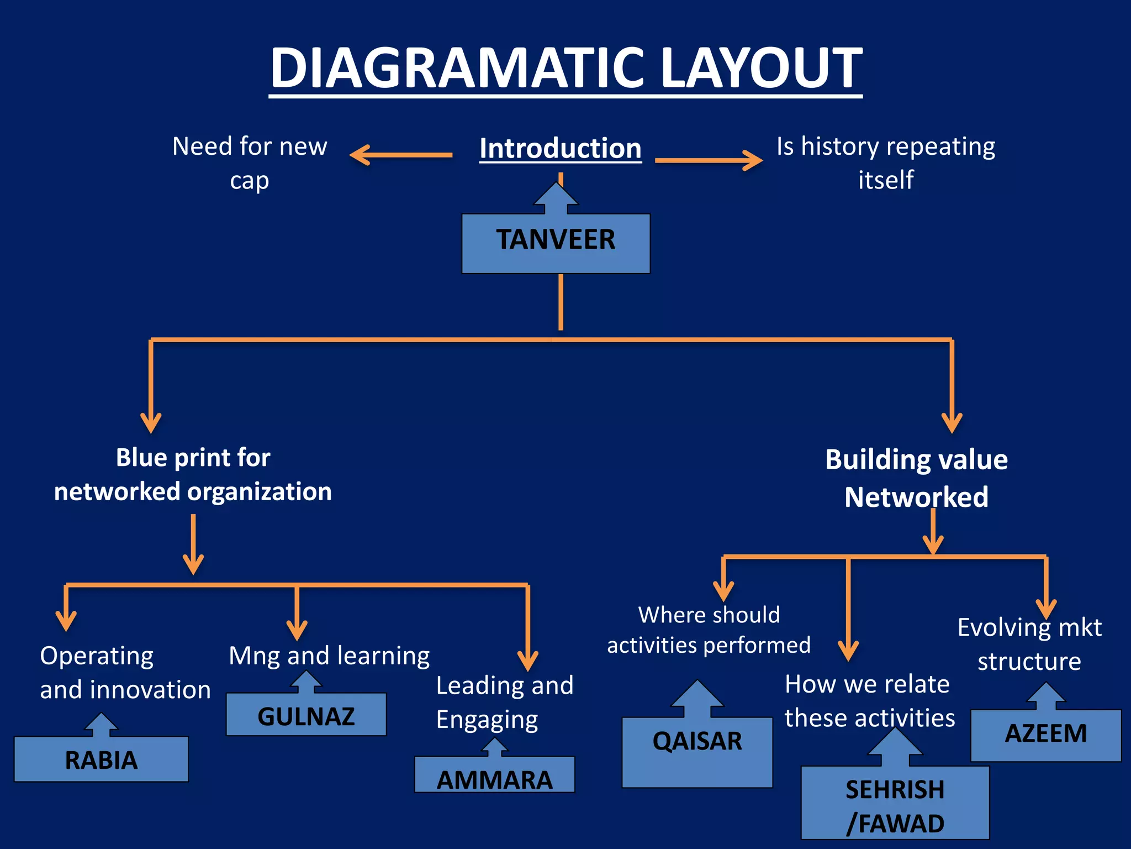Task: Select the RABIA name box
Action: tap(101, 759)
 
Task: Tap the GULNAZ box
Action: tap(306, 715)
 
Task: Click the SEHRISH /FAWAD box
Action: tap(895, 804)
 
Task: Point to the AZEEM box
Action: tap(1045, 734)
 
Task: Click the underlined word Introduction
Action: tap(560, 148)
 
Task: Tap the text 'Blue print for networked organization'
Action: tap(193, 474)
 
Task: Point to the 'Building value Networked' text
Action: tap(916, 478)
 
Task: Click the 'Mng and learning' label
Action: tap(329, 656)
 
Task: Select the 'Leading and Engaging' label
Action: tap(504, 702)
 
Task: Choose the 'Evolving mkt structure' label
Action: tap(1029, 644)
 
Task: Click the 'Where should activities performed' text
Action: tap(709, 630)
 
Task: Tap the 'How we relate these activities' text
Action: tap(869, 701)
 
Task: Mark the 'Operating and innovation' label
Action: tap(125, 672)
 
